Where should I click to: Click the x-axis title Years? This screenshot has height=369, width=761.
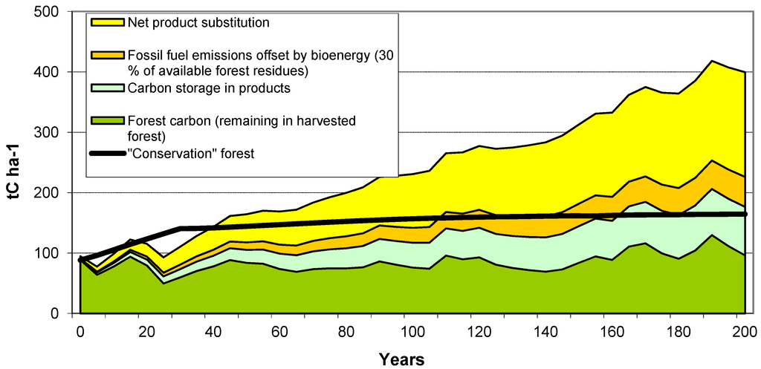[x=401, y=359]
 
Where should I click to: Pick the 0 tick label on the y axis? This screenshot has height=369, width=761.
[x=62, y=314]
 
